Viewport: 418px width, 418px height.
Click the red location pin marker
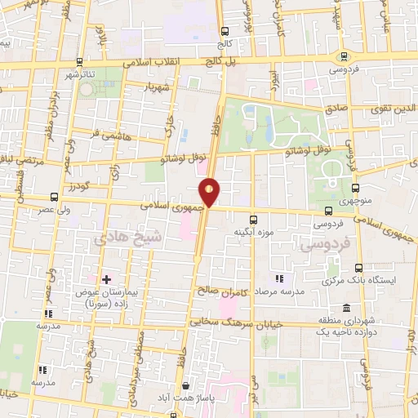click(x=211, y=192)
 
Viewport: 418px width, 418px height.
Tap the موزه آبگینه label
click(x=253, y=232)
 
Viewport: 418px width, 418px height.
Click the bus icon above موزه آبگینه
click(x=253, y=219)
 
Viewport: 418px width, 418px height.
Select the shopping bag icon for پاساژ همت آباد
click(x=187, y=386)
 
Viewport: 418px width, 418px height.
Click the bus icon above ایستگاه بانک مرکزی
click(x=358, y=267)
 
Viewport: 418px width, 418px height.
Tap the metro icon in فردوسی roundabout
click(x=345, y=56)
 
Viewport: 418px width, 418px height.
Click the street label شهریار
click(x=153, y=87)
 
